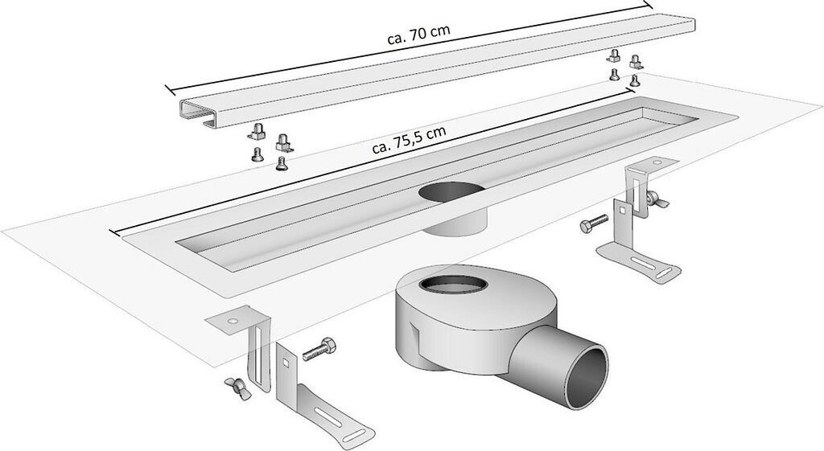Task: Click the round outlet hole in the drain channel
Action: click(x=451, y=195)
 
